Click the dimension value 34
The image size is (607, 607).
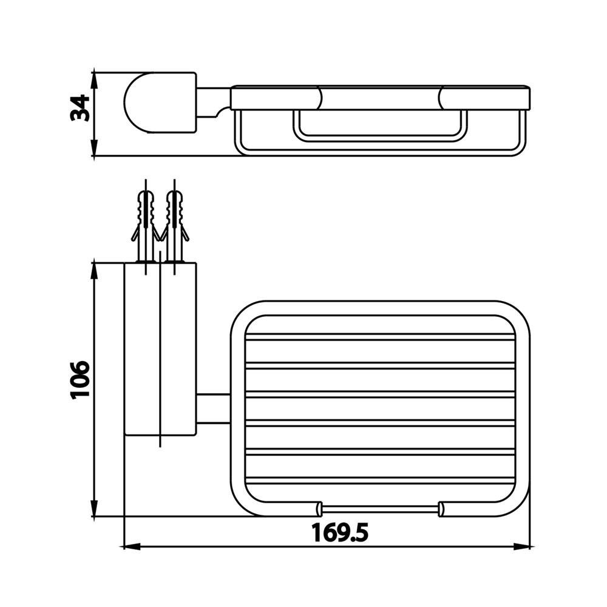point(80,108)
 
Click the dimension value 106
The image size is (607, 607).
point(80,379)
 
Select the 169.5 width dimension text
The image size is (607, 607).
point(340,533)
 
